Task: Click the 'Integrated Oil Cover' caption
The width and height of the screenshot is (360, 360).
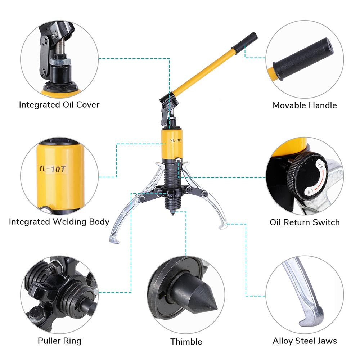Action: pyautogui.click(x=59, y=105)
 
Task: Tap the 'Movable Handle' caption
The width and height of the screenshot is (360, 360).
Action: pyautogui.click(x=305, y=105)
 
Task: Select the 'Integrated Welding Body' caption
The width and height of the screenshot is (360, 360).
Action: pyautogui.click(x=59, y=221)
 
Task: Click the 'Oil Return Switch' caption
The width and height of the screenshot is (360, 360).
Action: pyautogui.click(x=305, y=222)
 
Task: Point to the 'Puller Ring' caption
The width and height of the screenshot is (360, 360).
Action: pyautogui.click(x=59, y=341)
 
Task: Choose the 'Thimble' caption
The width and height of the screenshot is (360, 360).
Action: pyautogui.click(x=186, y=341)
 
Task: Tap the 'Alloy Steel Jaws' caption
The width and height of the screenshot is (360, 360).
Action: pyautogui.click(x=305, y=341)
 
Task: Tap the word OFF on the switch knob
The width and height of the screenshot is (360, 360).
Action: pyautogui.click(x=320, y=166)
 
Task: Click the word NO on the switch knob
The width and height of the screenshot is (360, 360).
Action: pyautogui.click(x=309, y=191)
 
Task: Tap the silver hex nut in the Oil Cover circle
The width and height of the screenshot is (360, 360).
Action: pyautogui.click(x=58, y=62)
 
